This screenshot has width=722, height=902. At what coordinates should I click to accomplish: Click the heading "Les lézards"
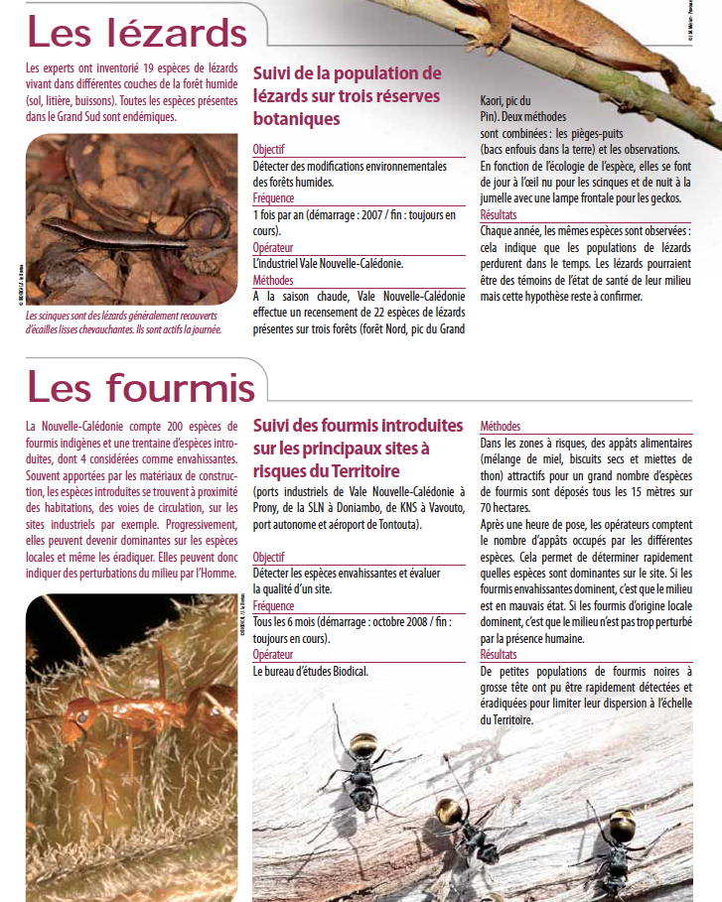(136, 34)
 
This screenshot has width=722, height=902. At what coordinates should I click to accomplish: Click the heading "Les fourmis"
(140, 386)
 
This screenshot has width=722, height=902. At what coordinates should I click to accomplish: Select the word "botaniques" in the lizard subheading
(296, 119)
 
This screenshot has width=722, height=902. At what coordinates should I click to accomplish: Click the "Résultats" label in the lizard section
(499, 214)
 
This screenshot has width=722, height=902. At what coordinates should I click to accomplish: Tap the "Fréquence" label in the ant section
(273, 605)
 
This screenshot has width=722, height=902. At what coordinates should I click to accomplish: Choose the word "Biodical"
(344, 672)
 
